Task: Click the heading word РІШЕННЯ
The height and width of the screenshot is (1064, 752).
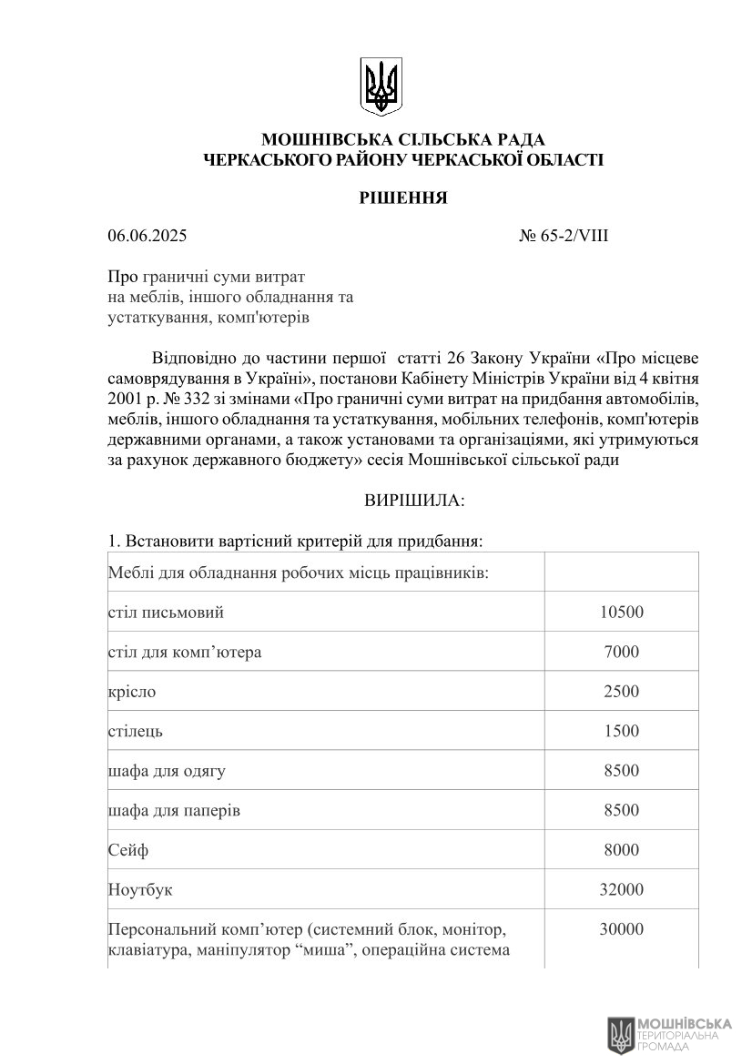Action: pos(402,198)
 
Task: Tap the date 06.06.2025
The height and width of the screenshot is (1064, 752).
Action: pos(147,237)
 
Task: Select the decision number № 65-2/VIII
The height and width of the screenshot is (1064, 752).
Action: pos(564,237)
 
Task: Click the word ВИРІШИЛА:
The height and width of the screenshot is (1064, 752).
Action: pos(414,501)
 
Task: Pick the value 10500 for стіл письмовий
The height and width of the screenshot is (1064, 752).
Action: pos(621,612)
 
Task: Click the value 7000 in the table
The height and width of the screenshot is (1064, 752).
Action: pos(621,652)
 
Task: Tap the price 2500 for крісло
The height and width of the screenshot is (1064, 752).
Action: pos(621,692)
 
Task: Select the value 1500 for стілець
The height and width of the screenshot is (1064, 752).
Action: pos(621,731)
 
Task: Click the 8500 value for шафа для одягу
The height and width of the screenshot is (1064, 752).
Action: pos(621,771)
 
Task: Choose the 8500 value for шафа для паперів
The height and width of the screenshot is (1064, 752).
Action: pos(621,810)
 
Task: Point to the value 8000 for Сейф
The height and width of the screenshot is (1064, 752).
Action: pos(621,850)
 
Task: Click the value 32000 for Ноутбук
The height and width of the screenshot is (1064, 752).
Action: pos(621,889)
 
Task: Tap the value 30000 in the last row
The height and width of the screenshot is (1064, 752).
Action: pos(621,929)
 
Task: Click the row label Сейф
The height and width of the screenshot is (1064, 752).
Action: pos(127,850)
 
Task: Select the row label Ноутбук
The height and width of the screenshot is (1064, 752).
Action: pos(139,889)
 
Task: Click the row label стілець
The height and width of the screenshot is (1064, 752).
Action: pos(136,731)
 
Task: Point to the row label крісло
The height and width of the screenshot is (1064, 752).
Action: pos(132,692)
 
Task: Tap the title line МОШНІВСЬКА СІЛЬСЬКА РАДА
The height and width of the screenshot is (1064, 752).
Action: pos(402,139)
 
